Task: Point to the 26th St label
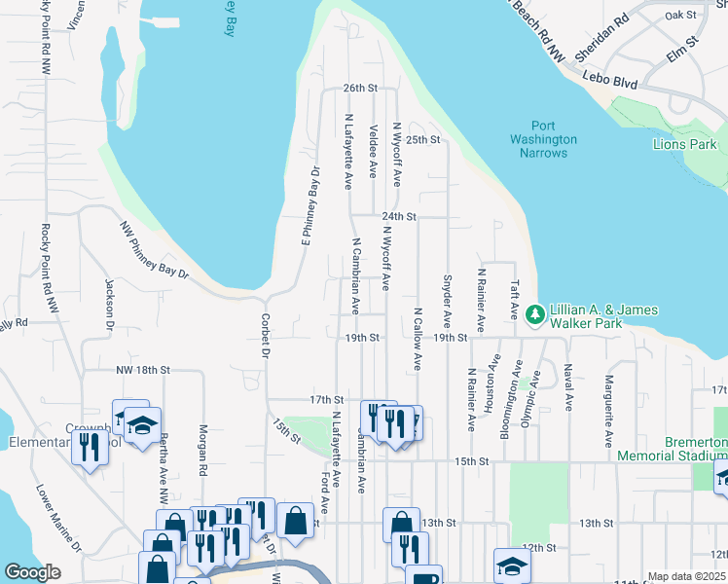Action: tap(359, 88)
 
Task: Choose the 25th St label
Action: tap(423, 139)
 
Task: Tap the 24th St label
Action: tap(399, 216)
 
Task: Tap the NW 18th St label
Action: tap(143, 370)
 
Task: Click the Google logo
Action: tap(32, 572)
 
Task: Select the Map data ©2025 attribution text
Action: tap(686, 576)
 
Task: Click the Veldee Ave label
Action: tap(374, 150)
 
